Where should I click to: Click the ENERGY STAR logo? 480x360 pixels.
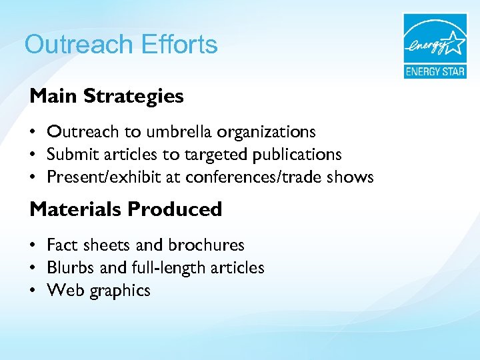[x=434, y=45]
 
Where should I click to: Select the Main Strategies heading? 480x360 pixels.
[x=107, y=96]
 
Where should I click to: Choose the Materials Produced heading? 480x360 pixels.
[x=126, y=209]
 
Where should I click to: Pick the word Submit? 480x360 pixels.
[x=70, y=155]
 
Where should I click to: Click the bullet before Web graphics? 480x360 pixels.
[x=33, y=291]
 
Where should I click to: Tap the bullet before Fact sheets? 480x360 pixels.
[x=33, y=246]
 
